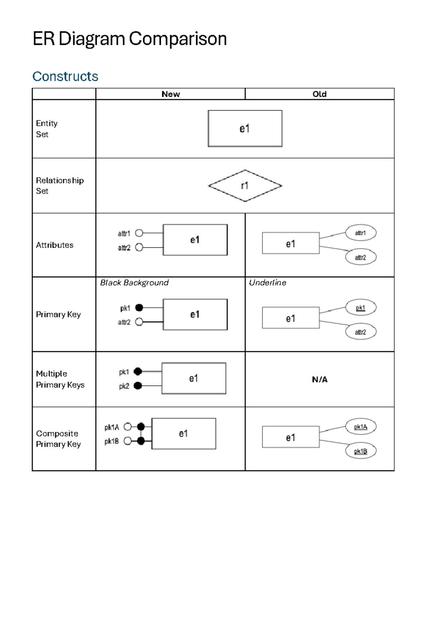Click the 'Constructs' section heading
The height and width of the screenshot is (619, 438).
point(65,76)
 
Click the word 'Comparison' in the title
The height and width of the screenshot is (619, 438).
point(178,39)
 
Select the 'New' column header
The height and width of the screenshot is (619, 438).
point(170,94)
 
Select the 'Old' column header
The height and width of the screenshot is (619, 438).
point(319,94)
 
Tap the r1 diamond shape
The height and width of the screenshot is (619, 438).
point(245,186)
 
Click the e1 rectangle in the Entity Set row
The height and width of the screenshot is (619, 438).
point(245,128)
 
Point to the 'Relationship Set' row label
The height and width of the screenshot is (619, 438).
point(59,185)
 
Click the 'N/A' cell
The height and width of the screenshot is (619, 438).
point(319,380)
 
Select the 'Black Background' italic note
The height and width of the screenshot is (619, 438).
point(134,282)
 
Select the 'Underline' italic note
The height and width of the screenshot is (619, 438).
point(268,282)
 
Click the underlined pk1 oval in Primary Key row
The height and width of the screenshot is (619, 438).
point(361,308)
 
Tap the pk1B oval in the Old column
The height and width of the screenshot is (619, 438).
point(361,451)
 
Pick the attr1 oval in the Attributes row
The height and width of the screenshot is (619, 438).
point(361,233)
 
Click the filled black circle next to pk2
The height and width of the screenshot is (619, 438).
point(138,386)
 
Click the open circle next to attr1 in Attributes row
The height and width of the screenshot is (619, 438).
point(139,233)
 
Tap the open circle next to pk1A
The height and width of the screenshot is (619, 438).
point(127,427)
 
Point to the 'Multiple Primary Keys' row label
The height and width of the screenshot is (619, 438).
point(60,379)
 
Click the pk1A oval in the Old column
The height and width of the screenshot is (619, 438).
point(361,427)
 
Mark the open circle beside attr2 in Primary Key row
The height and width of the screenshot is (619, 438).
point(139,322)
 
